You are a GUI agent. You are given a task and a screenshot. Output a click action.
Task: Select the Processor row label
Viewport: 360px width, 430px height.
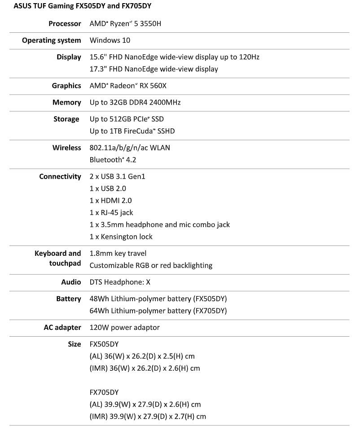65,23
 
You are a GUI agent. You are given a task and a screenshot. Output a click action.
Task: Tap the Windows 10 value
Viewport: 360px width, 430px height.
110,40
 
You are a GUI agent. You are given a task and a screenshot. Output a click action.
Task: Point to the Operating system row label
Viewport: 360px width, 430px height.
52,40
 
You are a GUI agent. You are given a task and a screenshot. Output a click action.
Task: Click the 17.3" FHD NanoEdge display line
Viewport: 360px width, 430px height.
154,69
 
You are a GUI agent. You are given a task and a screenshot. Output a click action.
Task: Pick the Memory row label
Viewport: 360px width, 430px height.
66,102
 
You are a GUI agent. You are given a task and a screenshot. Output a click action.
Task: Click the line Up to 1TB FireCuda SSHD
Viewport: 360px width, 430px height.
132,131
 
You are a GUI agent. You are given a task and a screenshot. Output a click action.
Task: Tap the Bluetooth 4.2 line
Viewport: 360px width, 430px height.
113,160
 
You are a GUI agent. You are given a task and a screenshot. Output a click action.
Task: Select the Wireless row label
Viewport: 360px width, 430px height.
66,148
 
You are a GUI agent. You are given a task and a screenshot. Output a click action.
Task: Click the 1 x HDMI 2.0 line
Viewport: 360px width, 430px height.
110,201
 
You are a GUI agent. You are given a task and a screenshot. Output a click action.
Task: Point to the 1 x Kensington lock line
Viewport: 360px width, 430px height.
121,237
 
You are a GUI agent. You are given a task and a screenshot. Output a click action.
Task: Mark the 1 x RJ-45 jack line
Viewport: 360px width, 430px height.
111,213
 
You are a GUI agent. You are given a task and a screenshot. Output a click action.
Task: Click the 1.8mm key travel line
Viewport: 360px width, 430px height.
118,254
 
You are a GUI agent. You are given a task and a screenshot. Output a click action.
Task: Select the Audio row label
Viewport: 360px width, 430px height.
71,282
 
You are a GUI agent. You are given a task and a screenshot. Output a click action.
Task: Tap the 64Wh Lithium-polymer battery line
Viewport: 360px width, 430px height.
158,311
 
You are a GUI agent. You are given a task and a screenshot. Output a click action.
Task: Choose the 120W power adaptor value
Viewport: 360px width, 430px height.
124,327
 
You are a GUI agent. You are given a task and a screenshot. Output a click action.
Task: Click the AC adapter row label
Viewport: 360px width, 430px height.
60,327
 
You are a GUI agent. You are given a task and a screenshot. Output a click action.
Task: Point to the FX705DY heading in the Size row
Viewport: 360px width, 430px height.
104,392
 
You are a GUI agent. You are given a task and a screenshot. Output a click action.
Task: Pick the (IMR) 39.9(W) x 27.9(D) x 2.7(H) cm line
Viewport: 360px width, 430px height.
148,417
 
